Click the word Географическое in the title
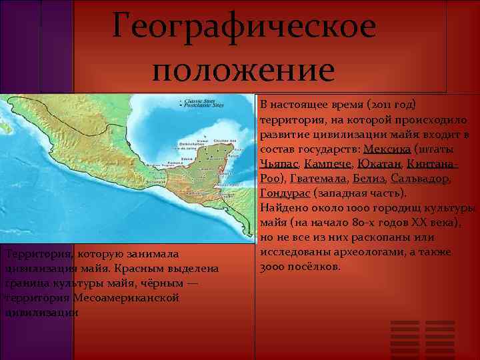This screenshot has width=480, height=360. click(x=244, y=27)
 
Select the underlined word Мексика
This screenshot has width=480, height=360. click(x=387, y=149)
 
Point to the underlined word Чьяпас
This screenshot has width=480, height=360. click(x=279, y=163)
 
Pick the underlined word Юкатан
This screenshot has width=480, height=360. click(x=377, y=163)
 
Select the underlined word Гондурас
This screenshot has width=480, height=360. click(x=283, y=193)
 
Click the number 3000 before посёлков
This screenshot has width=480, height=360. click(x=272, y=267)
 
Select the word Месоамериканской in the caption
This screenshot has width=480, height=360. click(x=126, y=297)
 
